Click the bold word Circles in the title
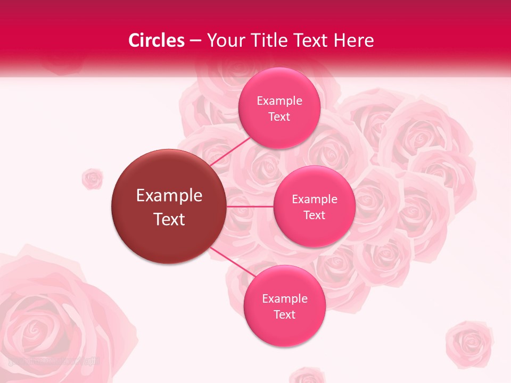point(156,40)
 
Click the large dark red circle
point(169,206)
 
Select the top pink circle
point(279,108)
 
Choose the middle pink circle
point(314,206)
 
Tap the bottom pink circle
point(284,306)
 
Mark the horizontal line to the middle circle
point(250,206)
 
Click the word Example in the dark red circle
point(169,196)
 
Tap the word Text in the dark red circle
point(169,219)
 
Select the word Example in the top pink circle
point(279,101)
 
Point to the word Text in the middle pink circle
point(314,215)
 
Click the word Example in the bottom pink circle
point(284,298)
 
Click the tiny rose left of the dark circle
point(92,179)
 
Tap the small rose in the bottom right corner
point(469,343)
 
